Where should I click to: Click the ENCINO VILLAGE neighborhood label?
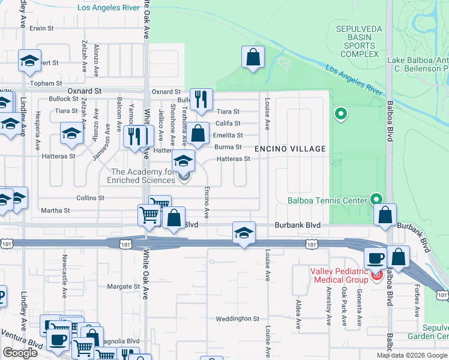[x=290, y=149]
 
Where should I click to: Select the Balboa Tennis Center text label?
[x=327, y=200]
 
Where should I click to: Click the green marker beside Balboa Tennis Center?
[x=376, y=199]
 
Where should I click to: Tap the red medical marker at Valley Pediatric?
[x=376, y=275]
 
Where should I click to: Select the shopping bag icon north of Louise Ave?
[x=253, y=58]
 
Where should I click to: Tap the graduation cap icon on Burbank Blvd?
[x=243, y=233]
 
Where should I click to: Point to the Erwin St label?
[x=41, y=28]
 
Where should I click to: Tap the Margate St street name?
[x=123, y=287]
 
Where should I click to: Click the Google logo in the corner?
[x=20, y=353]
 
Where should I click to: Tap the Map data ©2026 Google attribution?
[x=412, y=355]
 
